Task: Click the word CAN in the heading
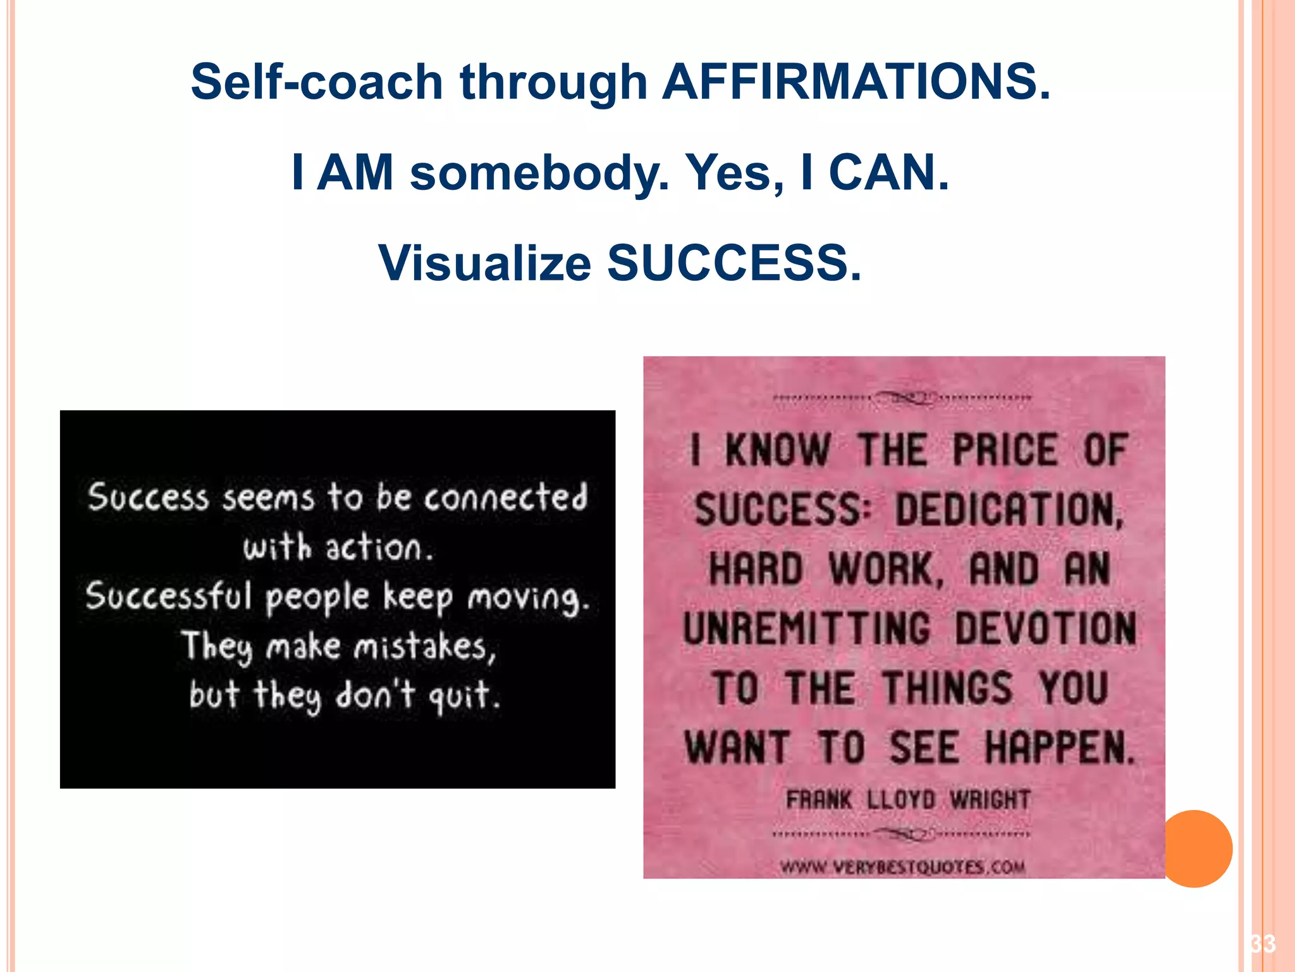(x=888, y=173)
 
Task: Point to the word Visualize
(x=484, y=263)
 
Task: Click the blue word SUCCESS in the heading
(x=733, y=263)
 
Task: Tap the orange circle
(x=1196, y=849)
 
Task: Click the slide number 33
(x=1263, y=944)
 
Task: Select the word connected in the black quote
(x=506, y=497)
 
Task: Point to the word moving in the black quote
(x=529, y=599)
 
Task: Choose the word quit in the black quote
(x=464, y=696)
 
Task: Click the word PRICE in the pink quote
(x=1005, y=451)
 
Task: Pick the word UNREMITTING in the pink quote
(x=807, y=629)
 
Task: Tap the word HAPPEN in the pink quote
(x=1060, y=748)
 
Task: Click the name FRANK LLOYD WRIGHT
(x=908, y=800)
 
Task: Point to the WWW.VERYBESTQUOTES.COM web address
(x=903, y=867)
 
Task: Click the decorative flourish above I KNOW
(x=903, y=398)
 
